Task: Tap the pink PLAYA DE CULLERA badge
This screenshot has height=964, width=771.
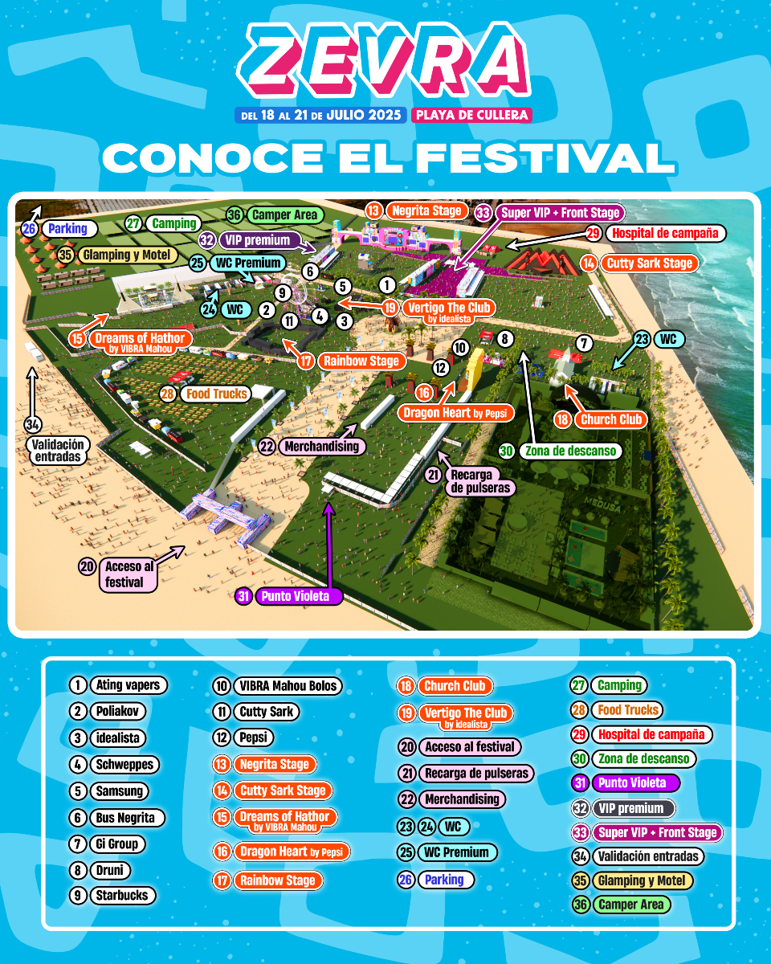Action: pyautogui.click(x=471, y=115)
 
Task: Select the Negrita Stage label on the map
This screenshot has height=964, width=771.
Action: pyautogui.click(x=426, y=211)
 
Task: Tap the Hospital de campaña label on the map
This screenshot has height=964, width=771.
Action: pyautogui.click(x=666, y=234)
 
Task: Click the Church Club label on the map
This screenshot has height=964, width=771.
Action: pyautogui.click(x=610, y=419)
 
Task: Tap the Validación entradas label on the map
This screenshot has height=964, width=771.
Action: pyautogui.click(x=58, y=451)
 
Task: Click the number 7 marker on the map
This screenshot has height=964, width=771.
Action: pyautogui.click(x=585, y=343)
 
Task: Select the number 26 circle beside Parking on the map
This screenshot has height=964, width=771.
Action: pyautogui.click(x=29, y=229)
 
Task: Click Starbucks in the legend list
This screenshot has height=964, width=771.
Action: pyautogui.click(x=122, y=895)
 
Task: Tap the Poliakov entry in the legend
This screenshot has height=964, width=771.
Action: pyautogui.click(x=119, y=712)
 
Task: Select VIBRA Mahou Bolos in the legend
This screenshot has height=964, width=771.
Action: pyautogui.click(x=288, y=686)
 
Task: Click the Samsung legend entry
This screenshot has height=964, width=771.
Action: pyautogui.click(x=120, y=791)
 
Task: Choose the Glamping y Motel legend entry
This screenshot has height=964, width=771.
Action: pyautogui.click(x=642, y=880)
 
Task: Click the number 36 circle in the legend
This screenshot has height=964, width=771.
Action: pyautogui.click(x=581, y=905)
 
